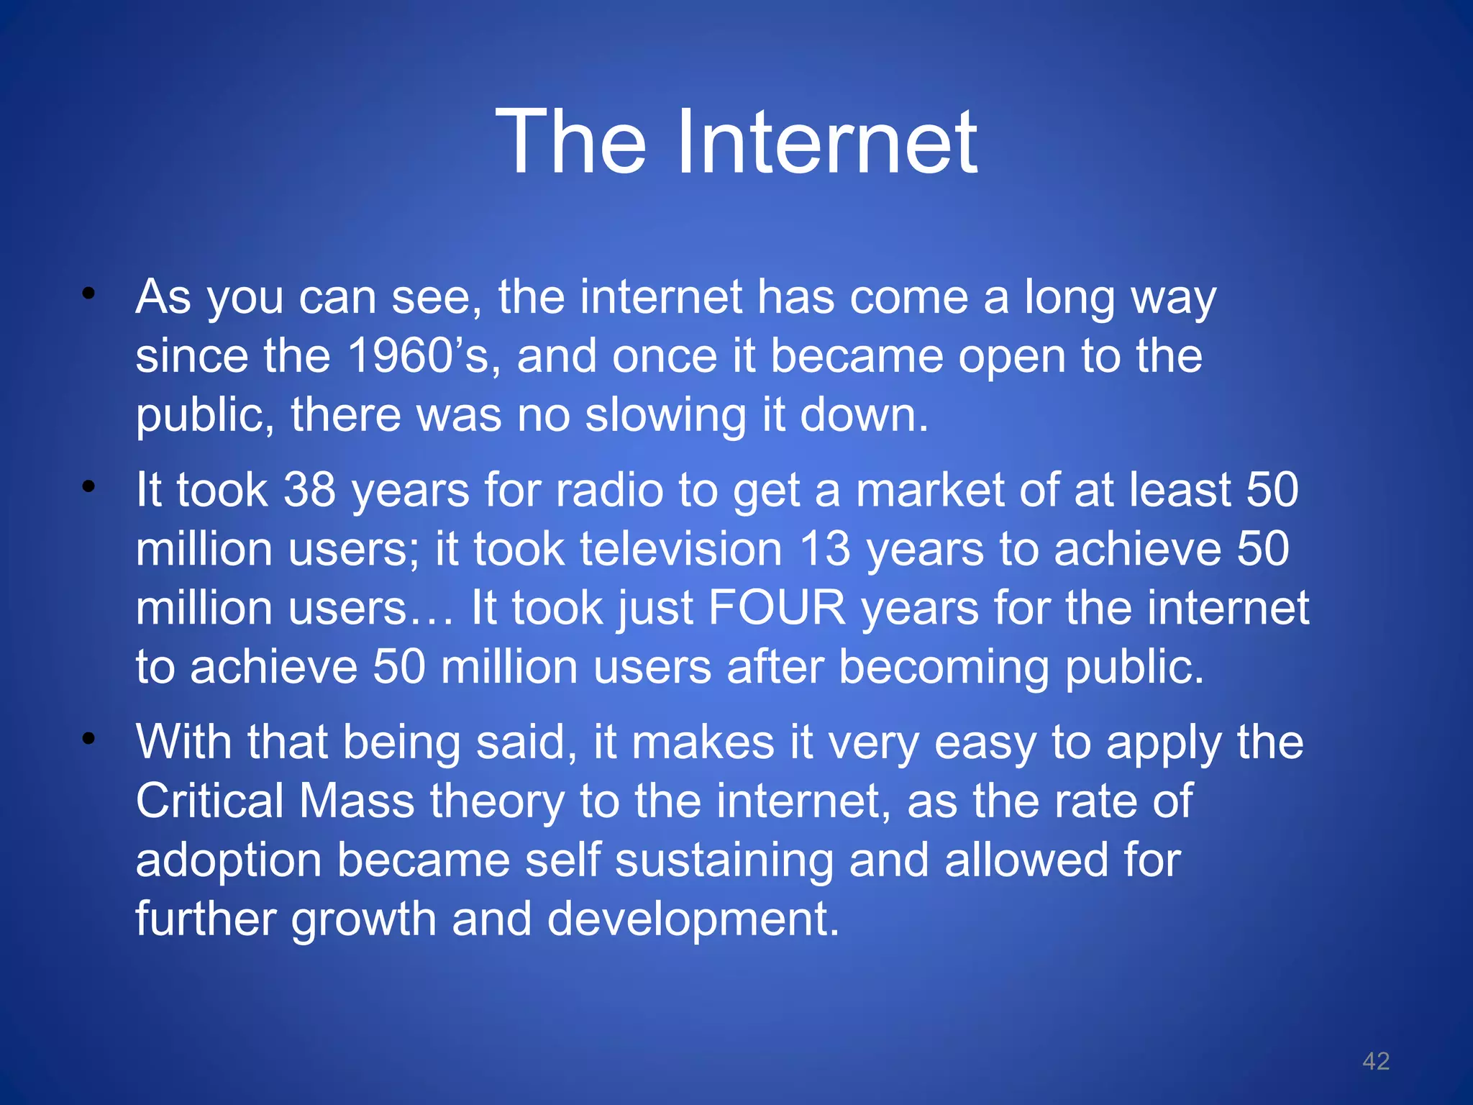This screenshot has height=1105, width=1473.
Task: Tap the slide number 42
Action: [1375, 1061]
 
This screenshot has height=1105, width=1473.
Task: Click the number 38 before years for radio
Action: [309, 490]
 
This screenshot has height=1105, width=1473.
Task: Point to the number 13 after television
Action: [825, 549]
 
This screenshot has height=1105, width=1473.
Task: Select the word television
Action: [681, 549]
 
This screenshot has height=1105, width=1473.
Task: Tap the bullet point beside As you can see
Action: [88, 293]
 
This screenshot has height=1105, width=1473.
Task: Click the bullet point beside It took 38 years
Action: [88, 487]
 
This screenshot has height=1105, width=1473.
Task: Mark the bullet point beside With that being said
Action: [88, 739]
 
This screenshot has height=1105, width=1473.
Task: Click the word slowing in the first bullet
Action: [665, 416]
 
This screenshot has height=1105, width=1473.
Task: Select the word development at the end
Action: [693, 919]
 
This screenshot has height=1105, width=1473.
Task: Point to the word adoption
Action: [228, 861]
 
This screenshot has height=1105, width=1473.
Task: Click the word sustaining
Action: [724, 861]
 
